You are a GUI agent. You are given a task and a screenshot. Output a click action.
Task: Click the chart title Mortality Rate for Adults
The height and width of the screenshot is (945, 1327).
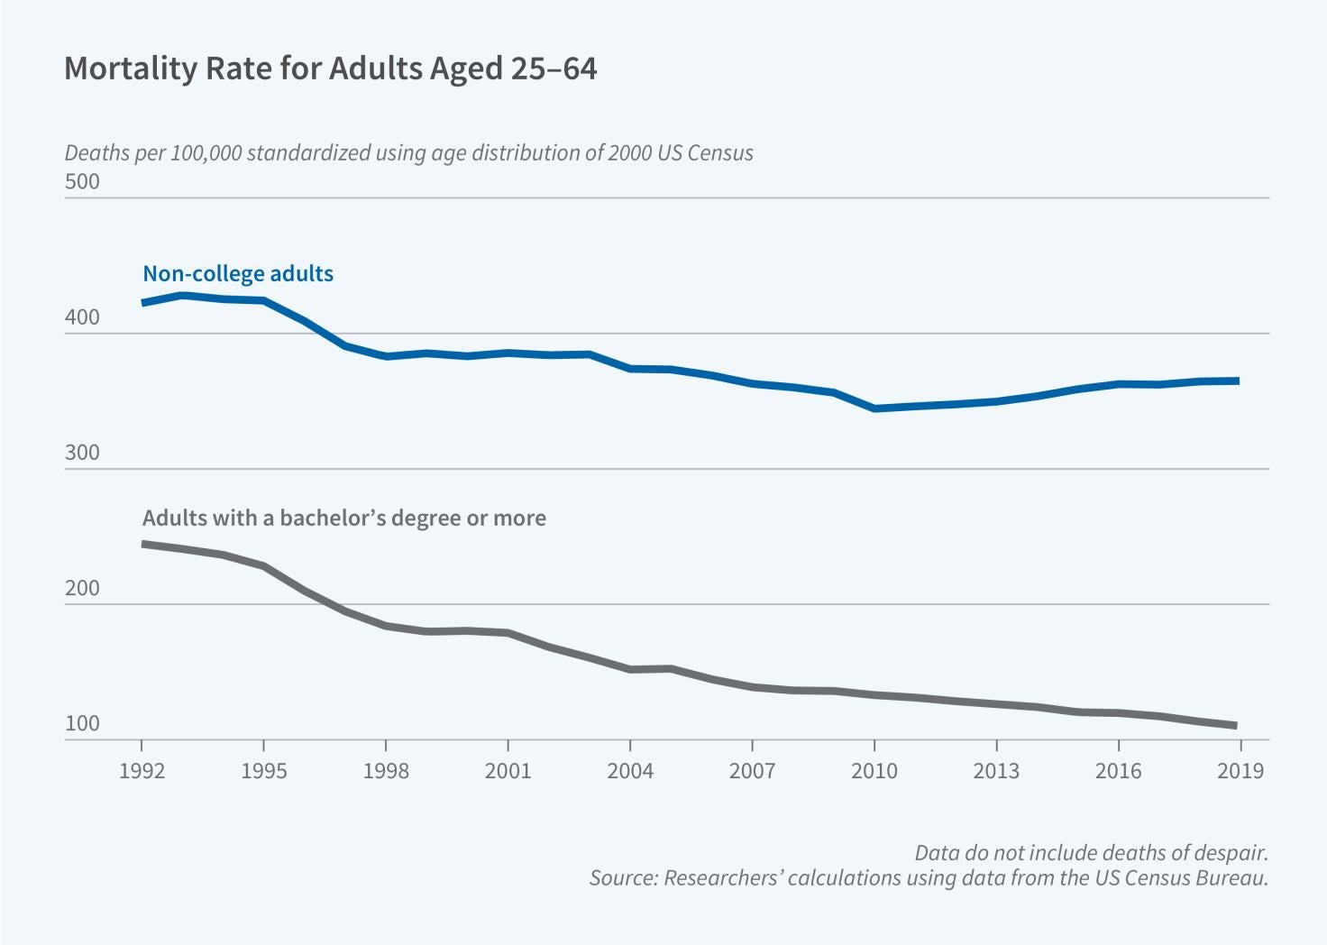(x=330, y=69)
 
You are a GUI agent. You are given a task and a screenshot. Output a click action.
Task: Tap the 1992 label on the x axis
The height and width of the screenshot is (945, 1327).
(x=142, y=771)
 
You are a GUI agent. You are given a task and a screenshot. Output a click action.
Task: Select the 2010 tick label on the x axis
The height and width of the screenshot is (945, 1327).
(x=874, y=771)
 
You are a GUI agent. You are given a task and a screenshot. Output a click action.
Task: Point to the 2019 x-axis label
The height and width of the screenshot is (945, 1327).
(x=1240, y=771)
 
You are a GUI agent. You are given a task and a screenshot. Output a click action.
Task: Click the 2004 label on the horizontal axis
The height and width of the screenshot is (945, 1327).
(x=630, y=771)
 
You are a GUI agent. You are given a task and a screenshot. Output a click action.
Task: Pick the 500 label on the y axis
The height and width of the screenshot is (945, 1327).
(x=82, y=182)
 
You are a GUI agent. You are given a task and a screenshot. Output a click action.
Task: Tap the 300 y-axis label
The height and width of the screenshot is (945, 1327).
(x=82, y=453)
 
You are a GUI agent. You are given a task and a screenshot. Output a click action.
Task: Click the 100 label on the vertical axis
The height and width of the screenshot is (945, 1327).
(x=82, y=724)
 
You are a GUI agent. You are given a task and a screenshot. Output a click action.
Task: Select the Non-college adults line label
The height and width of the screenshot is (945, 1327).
(x=238, y=274)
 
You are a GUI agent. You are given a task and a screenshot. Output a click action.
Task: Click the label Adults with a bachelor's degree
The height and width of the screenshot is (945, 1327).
(x=343, y=518)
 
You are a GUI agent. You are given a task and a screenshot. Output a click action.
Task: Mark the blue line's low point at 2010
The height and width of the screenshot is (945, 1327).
(x=874, y=408)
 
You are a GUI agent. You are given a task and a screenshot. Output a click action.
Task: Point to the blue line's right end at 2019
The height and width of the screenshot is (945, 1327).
(x=1238, y=381)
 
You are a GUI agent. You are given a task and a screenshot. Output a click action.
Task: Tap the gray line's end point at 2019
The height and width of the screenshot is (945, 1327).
(x=1235, y=725)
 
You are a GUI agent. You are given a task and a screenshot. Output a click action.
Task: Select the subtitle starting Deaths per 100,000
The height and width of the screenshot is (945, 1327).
(x=408, y=152)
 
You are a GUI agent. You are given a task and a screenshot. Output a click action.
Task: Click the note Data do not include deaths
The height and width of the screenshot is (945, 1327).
(x=1091, y=853)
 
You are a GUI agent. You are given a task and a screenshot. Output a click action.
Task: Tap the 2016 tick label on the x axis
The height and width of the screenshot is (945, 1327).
(x=1118, y=771)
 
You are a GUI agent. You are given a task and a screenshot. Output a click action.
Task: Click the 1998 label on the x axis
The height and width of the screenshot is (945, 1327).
(x=386, y=771)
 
